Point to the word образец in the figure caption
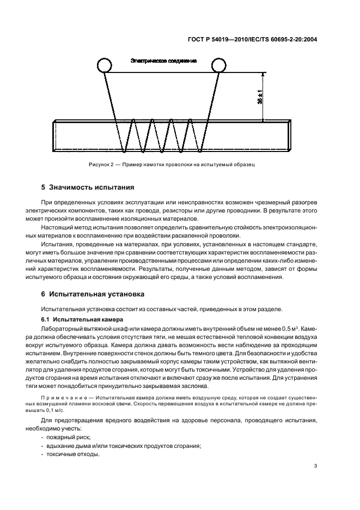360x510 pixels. tap(245, 163)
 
